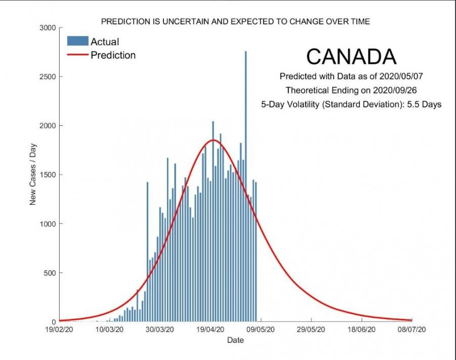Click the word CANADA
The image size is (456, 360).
click(351, 57)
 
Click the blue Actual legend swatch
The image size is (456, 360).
click(77, 41)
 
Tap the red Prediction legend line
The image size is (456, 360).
click(77, 55)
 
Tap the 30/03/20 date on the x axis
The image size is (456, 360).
click(160, 330)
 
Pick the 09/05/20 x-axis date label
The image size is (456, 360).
click(261, 330)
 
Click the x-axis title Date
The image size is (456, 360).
click(235, 340)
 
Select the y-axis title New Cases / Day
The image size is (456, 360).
click(33, 174)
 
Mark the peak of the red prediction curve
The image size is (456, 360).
click(213, 140)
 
